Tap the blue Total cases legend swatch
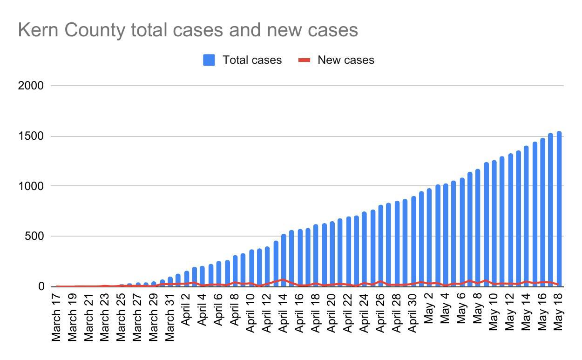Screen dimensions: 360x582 pyautogui.click(x=209, y=60)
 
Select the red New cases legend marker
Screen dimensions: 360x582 pyautogui.click(x=304, y=60)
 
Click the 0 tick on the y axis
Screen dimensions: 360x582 pyautogui.click(x=41, y=286)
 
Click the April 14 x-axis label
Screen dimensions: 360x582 pyautogui.click(x=283, y=313)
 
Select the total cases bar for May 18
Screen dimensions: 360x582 pyautogui.click(x=559, y=210)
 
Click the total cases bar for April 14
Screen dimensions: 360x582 pyautogui.click(x=284, y=261)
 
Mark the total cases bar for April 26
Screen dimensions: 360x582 pyautogui.click(x=381, y=246)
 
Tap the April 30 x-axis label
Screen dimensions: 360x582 pyautogui.click(x=413, y=313)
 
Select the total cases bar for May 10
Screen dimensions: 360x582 pyautogui.click(x=494, y=224)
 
